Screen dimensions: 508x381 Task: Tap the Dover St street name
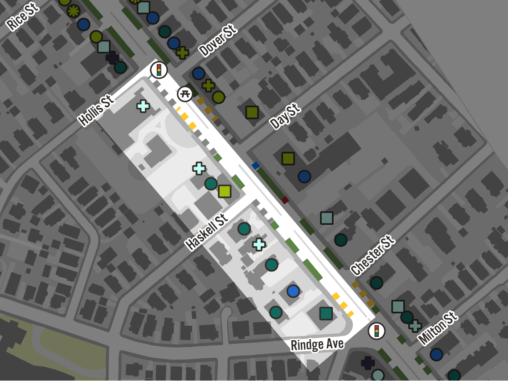217,41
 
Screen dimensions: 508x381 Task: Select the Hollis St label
96,110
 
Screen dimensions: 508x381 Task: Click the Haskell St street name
207,231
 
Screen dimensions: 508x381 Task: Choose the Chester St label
373,255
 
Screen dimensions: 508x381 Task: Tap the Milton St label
438,328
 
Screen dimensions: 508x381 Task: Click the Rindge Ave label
317,344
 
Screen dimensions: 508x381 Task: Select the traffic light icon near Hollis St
159,70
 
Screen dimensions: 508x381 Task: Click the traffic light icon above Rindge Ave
377,331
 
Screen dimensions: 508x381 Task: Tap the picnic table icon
185,94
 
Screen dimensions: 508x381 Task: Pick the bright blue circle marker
293,291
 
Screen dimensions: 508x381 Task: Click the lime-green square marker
225,191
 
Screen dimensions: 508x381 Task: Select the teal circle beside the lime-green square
211,183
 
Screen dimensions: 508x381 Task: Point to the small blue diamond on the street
255,166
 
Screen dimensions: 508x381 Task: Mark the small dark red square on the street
285,200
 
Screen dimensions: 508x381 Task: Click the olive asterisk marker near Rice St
74,11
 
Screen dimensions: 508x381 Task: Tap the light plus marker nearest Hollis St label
143,106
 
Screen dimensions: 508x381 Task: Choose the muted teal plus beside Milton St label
415,326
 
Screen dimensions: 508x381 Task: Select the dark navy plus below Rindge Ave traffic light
368,363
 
